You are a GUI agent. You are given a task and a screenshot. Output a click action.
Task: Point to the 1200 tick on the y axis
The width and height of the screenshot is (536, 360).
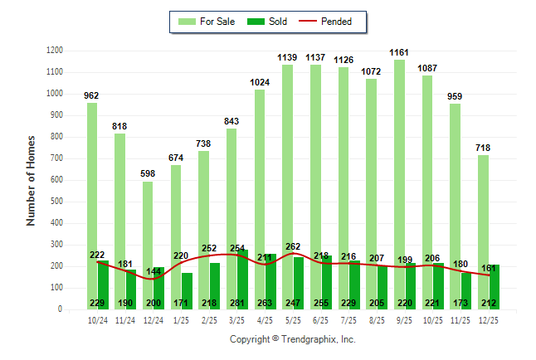click(x=56, y=51)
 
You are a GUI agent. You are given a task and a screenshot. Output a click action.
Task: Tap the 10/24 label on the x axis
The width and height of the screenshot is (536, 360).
click(x=97, y=319)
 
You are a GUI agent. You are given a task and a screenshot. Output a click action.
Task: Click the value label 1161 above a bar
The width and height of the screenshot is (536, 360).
click(x=400, y=52)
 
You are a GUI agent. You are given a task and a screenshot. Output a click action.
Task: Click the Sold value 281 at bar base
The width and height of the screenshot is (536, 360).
click(x=237, y=303)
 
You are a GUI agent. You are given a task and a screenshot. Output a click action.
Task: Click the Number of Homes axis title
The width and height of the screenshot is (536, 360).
click(x=32, y=180)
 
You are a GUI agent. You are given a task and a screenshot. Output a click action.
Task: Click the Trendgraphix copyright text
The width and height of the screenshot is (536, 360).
click(x=292, y=340)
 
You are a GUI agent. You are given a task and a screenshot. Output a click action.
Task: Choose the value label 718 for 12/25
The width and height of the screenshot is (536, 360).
click(x=484, y=148)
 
